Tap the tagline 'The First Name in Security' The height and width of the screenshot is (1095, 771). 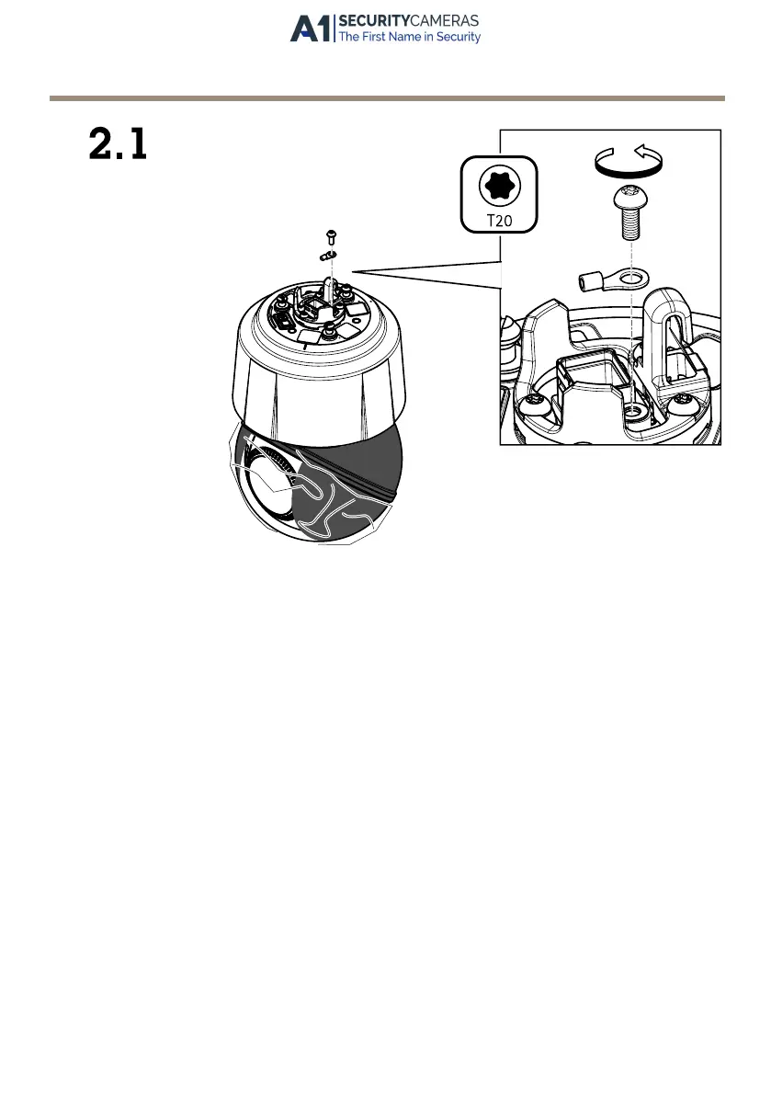tap(409, 38)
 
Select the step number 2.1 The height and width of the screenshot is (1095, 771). tap(118, 145)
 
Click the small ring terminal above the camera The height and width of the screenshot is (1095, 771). tap(330, 255)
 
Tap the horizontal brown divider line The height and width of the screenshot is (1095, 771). tap(386, 97)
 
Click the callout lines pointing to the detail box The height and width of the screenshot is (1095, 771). tap(423, 273)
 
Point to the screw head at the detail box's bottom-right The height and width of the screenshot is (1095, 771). tap(686, 402)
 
